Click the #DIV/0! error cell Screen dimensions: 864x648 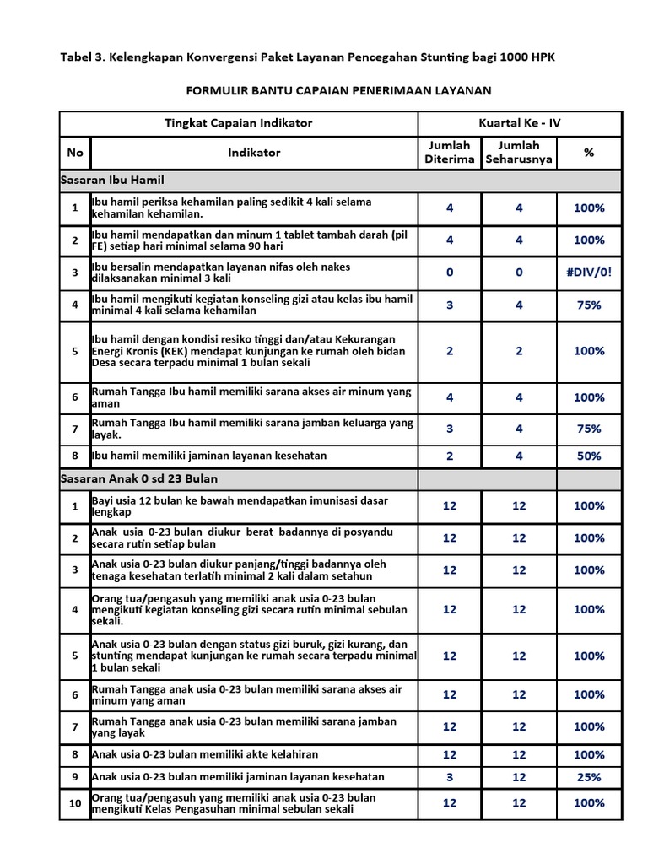(x=588, y=273)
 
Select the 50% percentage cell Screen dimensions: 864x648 (x=588, y=456)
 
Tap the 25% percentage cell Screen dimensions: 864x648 (x=588, y=777)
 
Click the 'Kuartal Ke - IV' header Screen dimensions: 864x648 (x=519, y=123)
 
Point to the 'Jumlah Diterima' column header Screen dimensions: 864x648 (x=449, y=153)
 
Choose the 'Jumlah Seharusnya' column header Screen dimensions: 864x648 (x=519, y=153)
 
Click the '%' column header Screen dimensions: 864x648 (x=588, y=153)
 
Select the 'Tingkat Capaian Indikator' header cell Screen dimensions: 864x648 (x=238, y=123)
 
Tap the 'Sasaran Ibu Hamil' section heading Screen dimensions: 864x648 (x=113, y=181)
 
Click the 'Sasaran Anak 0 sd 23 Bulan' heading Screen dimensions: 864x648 (x=139, y=478)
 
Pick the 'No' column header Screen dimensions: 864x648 (x=75, y=153)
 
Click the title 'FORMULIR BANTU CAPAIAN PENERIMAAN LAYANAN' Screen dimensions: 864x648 (x=337, y=90)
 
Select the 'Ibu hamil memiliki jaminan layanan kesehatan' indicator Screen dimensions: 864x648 (x=209, y=456)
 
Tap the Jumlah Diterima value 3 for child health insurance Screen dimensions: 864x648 (x=449, y=777)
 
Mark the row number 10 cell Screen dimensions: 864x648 (x=75, y=803)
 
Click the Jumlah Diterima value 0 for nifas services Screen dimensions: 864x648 (x=449, y=273)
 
